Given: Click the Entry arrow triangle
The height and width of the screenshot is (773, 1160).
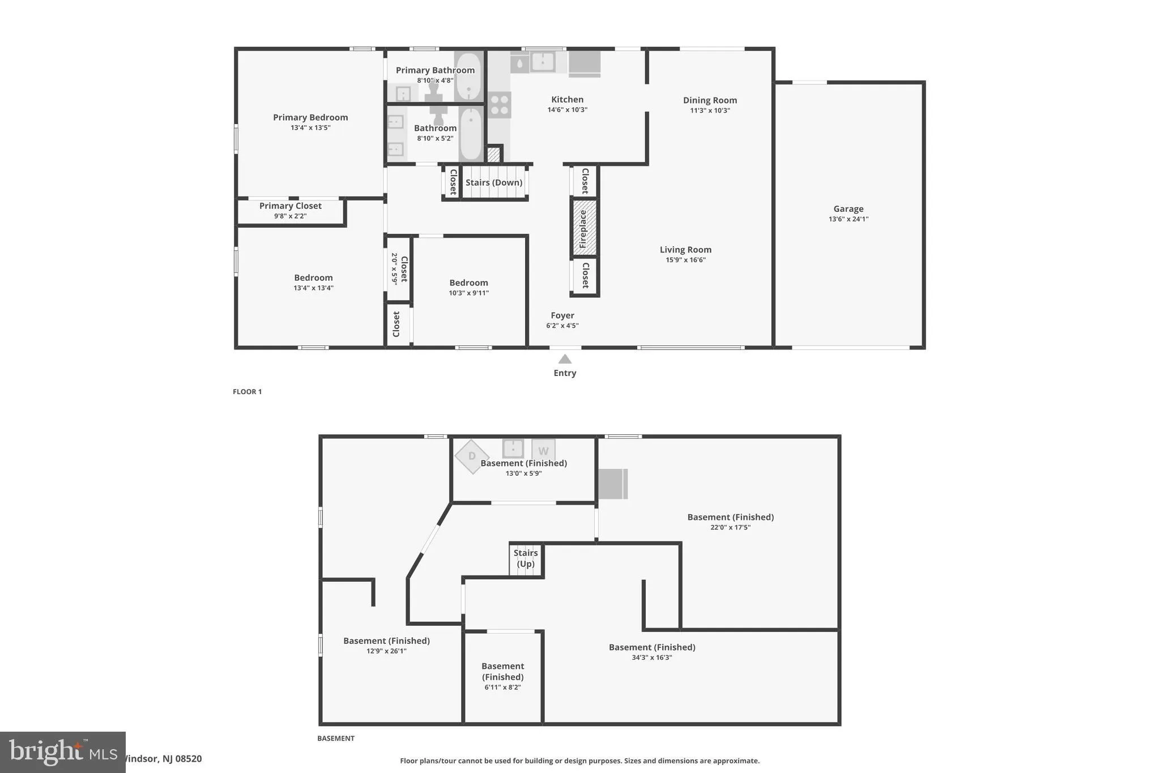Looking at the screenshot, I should click(565, 359).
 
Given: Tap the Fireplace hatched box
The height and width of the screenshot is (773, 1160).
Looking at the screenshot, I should click(584, 228).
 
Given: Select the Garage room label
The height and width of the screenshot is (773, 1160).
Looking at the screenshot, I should click(848, 209).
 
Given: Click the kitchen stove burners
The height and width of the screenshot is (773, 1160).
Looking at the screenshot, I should click(500, 105).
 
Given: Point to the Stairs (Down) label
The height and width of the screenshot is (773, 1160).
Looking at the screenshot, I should click(494, 182).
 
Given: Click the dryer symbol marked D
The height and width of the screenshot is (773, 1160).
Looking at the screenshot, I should click(472, 456).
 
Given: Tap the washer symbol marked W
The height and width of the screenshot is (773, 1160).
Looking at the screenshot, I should click(543, 451).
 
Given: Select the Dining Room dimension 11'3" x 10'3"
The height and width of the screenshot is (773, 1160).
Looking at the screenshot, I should click(710, 110).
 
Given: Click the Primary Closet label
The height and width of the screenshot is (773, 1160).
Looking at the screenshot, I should click(290, 206).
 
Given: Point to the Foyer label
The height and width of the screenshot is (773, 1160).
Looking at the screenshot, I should click(562, 315).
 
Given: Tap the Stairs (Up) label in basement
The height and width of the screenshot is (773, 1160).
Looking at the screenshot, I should click(526, 558).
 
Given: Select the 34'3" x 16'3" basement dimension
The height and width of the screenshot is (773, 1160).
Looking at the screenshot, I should click(651, 657).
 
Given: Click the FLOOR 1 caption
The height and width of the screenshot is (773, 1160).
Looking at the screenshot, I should click(247, 392).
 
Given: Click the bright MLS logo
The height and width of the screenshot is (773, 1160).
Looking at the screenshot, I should click(62, 752).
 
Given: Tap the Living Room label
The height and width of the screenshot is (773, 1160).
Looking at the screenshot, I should click(685, 250).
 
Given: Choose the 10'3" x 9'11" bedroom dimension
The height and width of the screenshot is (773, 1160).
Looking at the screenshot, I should click(468, 293).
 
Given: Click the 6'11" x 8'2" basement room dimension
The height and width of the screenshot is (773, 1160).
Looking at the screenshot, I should click(502, 687).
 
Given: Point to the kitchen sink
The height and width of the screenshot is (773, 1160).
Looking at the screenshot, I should click(542, 62).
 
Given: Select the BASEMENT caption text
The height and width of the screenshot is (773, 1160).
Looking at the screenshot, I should click(336, 738).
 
